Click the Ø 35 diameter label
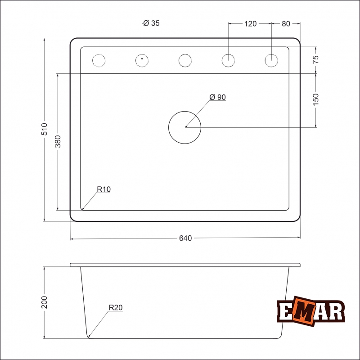[x=152, y=23]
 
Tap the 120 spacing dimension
[x=250, y=24]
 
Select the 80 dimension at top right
[x=286, y=24]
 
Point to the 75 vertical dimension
[x=315, y=58]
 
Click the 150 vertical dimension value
[x=315, y=99]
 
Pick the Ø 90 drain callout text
[x=217, y=97]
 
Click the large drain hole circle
[x=184, y=127]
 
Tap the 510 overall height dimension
[x=44, y=130]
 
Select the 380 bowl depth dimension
[x=58, y=142]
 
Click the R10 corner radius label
[x=103, y=189]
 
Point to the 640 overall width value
[x=185, y=238]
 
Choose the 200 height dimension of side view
[x=44, y=302]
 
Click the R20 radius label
[x=115, y=308]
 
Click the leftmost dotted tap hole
[x=98, y=60]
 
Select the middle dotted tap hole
[x=185, y=60]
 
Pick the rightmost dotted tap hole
[x=271, y=60]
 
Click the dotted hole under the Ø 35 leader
[x=142, y=60]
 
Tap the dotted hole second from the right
[x=228, y=60]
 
